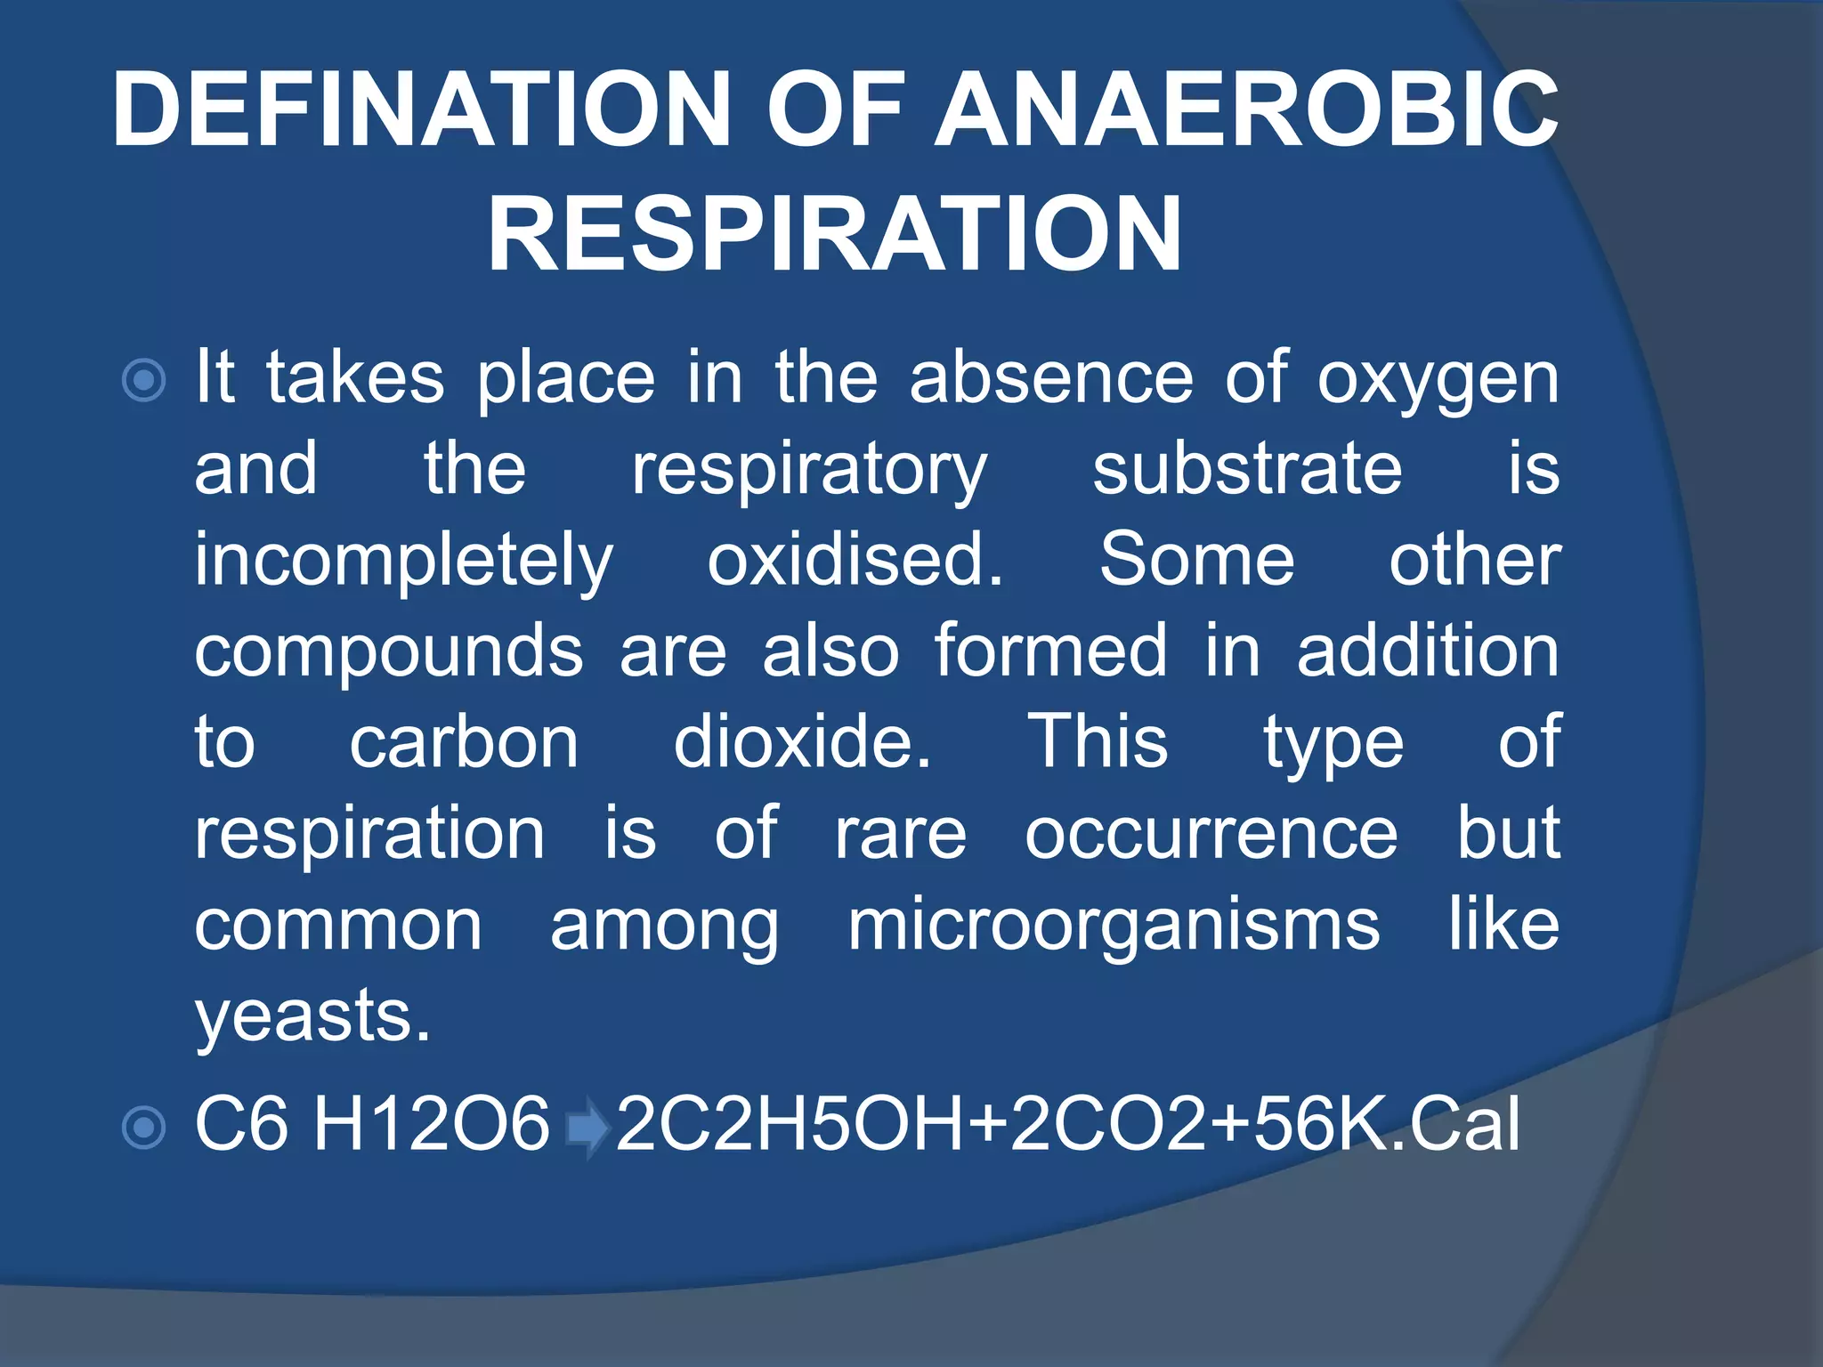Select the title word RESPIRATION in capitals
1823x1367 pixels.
coord(835,234)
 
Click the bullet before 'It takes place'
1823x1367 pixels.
coord(143,381)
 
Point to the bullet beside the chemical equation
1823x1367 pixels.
coord(143,1128)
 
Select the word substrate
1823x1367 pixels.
coord(1246,470)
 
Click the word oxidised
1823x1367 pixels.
coord(855,561)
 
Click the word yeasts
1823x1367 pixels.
coord(312,1017)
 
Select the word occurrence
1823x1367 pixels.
coord(1211,835)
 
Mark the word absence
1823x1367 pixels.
coord(1050,379)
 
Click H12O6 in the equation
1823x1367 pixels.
coord(432,1125)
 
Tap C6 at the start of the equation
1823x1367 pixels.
coord(241,1125)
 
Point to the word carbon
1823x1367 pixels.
coord(464,743)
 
